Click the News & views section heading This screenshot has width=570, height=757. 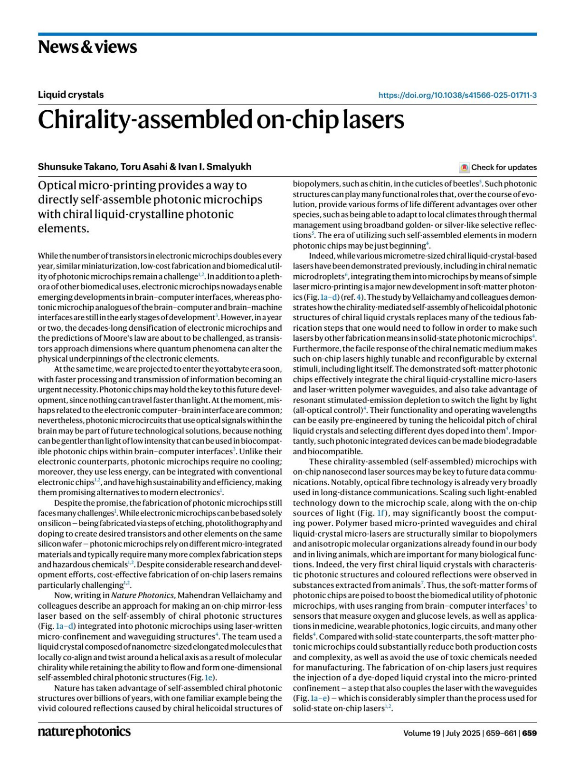pyautogui.click(x=87, y=47)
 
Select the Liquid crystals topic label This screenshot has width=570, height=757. pyautogui.click(x=71, y=95)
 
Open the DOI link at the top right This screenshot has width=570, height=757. pyautogui.click(x=457, y=95)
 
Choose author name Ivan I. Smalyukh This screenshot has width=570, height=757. pyautogui.click(x=219, y=167)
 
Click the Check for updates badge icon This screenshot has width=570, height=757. pyautogui.click(x=464, y=167)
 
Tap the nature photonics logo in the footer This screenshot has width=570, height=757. pyautogui.click(x=84, y=731)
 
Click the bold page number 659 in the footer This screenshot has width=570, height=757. pyautogui.click(x=530, y=733)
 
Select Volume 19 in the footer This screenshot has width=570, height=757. pyautogui.click(x=422, y=733)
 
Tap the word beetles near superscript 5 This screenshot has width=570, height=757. pyautogui.click(x=465, y=184)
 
